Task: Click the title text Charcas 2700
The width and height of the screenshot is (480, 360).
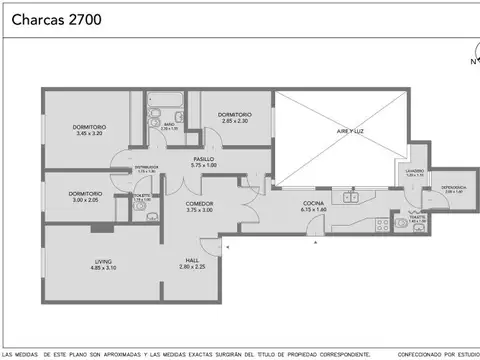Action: pos(47,18)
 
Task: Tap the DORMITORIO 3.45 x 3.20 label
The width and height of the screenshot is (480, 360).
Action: pos(89,130)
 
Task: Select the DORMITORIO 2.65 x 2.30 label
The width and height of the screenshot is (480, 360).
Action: pos(232,117)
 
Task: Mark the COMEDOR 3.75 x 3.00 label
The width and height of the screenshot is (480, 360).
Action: pos(199,207)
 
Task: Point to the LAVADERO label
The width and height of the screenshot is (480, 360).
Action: pos(414,173)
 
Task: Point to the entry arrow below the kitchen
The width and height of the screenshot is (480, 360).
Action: pos(316,242)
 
